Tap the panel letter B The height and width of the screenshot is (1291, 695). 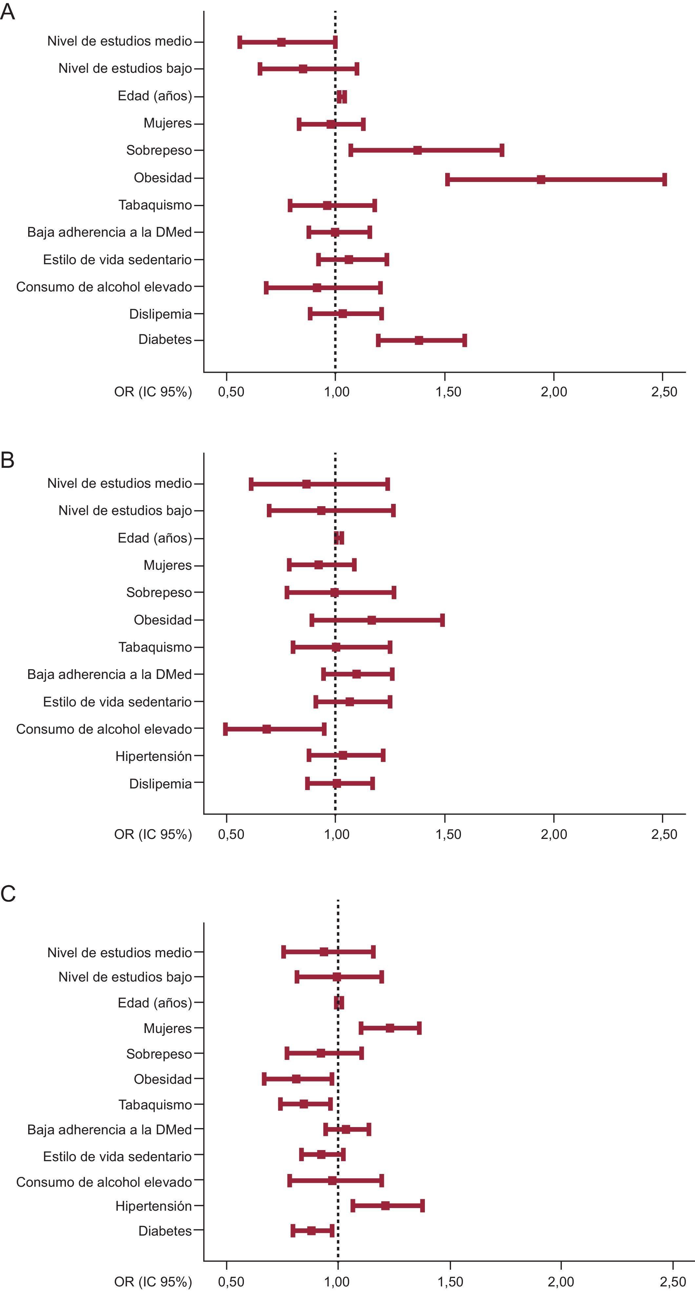point(8,460)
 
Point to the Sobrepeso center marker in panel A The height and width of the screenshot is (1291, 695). point(417,150)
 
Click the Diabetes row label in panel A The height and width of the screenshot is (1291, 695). point(165,340)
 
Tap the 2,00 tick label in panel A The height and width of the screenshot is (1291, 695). point(554,392)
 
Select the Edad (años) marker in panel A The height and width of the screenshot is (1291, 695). point(342,97)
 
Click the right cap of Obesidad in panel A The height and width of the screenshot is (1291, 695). point(665,179)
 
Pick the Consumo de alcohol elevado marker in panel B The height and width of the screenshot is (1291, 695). point(267,729)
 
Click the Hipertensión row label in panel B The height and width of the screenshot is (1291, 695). point(153,756)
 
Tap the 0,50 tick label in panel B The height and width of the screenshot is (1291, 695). point(231,834)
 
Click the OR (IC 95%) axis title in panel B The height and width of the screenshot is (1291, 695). point(153,834)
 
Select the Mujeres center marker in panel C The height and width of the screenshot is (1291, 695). point(390,1028)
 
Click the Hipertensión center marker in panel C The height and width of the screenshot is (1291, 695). point(385,1206)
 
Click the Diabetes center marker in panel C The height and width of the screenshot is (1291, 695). point(311,1231)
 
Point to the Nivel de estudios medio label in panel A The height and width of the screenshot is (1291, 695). point(119,41)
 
